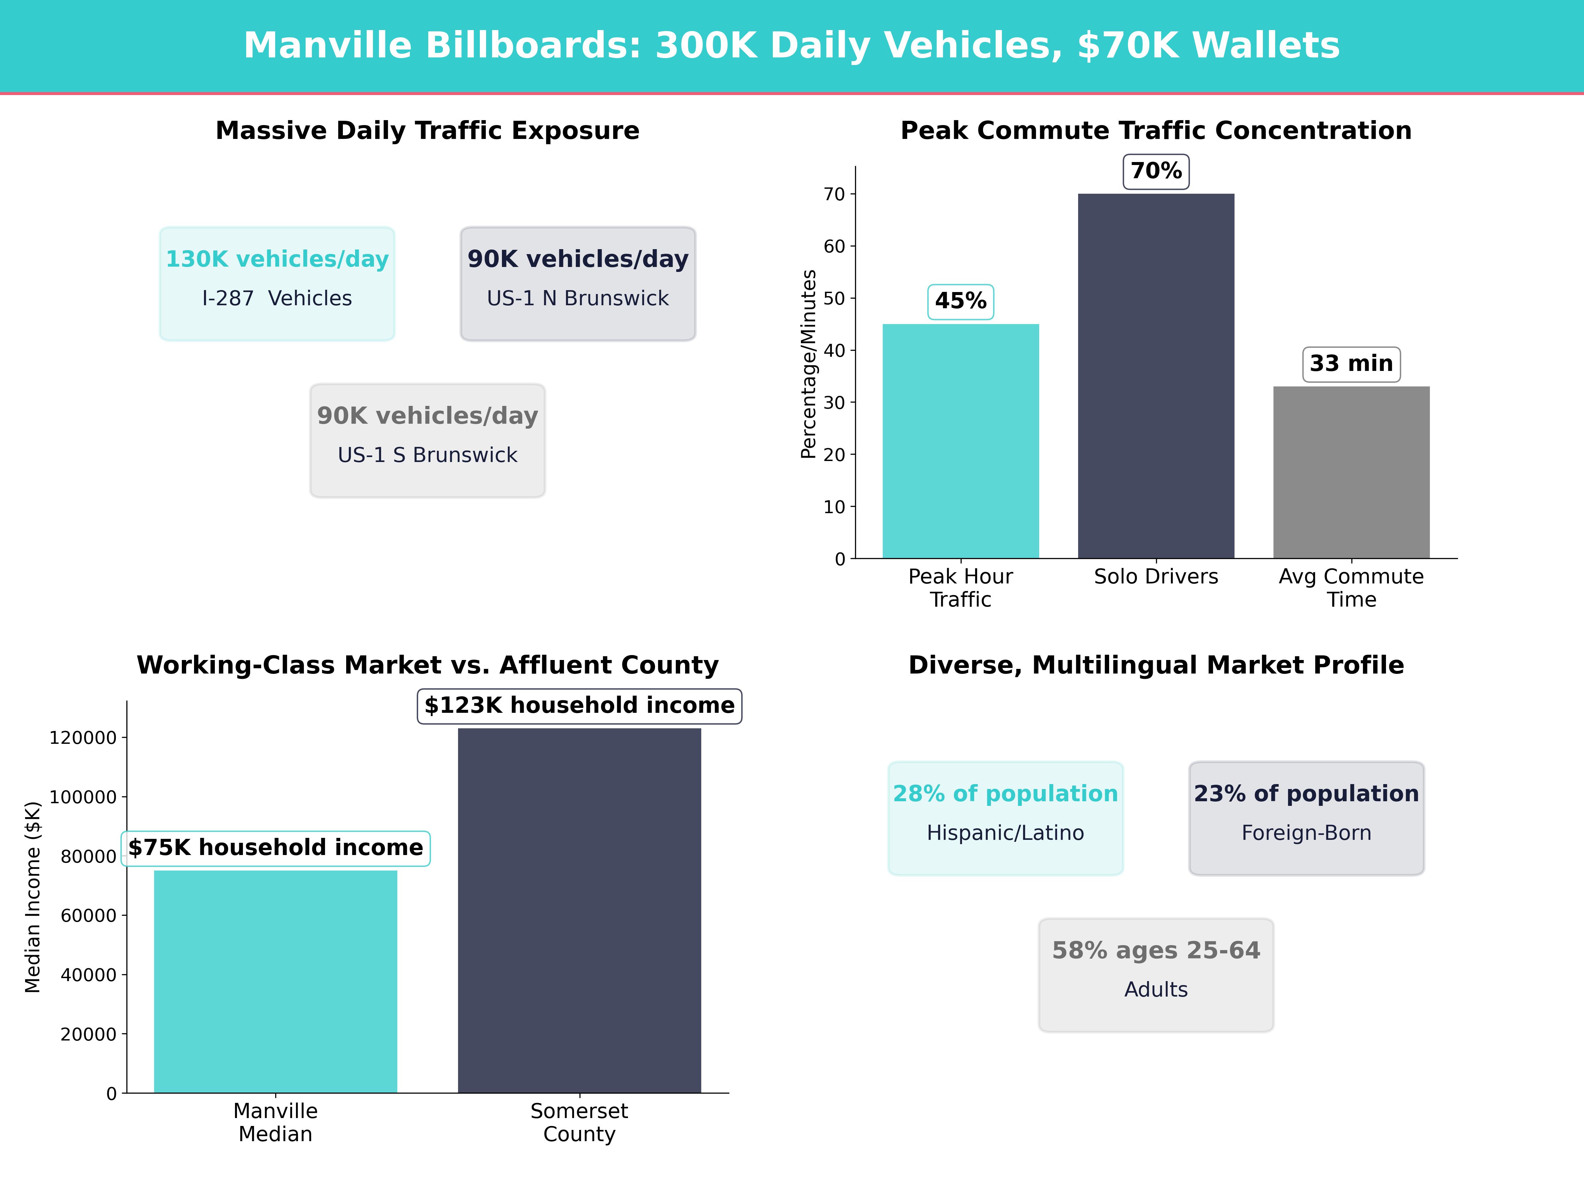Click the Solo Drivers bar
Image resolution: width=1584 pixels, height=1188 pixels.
(x=1156, y=376)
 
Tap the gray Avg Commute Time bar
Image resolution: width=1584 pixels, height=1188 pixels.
(x=1351, y=473)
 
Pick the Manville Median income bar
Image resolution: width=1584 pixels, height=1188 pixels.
(x=276, y=981)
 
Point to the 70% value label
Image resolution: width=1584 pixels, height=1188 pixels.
(x=1156, y=171)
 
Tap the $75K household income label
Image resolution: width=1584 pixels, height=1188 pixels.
(x=276, y=848)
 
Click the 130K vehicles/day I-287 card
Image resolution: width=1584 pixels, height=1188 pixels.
(x=277, y=283)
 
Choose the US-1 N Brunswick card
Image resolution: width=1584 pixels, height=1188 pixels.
(x=578, y=283)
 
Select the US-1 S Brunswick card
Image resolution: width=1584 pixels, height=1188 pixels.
(x=427, y=441)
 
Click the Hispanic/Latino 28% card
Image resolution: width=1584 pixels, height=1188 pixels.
(x=1006, y=818)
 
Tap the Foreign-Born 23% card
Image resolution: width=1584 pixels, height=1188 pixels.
(x=1306, y=818)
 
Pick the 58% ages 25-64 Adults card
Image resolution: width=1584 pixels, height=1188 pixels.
(x=1156, y=974)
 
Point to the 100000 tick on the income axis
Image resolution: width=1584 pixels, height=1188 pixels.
(x=83, y=797)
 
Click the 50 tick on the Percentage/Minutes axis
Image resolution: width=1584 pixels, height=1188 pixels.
(x=834, y=299)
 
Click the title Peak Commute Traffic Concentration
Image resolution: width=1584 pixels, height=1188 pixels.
(x=1156, y=131)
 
